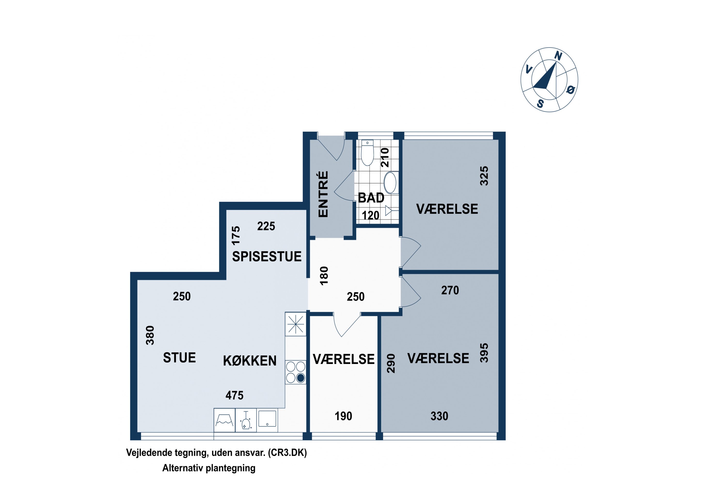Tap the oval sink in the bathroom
[390, 183]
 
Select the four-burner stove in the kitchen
[295, 372]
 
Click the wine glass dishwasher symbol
[246, 420]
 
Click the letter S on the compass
[540, 104]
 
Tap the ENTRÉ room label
[323, 194]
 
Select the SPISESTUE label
[267, 256]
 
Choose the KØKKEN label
[250, 361]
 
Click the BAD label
[371, 198]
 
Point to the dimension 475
[235, 395]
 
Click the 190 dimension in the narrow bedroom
[343, 416]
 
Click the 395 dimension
[484, 353]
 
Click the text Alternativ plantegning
[209, 468]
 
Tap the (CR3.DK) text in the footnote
[287, 453]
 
